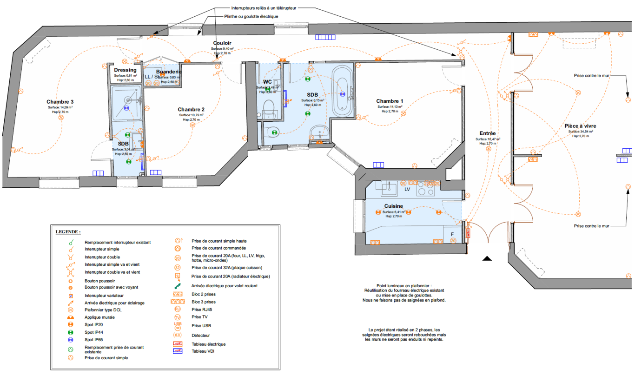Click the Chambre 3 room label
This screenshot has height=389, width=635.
tap(60, 102)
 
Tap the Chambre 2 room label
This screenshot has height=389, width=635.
tap(191, 110)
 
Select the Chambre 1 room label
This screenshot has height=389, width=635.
tap(390, 101)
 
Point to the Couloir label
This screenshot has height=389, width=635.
tap(222, 43)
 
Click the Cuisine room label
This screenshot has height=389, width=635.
tap(393, 206)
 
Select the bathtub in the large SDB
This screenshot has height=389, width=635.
tap(343, 91)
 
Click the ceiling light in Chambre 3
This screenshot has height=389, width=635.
tap(61, 118)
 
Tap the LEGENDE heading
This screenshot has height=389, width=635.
tap(68, 231)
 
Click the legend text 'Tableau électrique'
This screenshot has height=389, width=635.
tap(209, 344)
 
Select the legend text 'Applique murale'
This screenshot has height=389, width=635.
tap(99, 317)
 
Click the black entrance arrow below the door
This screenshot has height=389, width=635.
tap(487, 258)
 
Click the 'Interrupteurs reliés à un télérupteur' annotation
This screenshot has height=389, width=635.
tap(264, 8)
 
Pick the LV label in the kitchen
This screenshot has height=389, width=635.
tap(407, 190)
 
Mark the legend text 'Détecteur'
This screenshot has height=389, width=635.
tap(201, 335)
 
